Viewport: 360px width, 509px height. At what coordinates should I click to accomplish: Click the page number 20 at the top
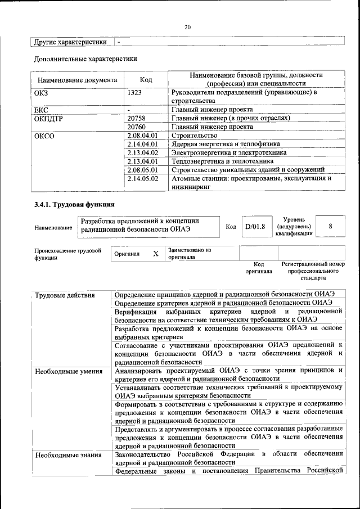188,27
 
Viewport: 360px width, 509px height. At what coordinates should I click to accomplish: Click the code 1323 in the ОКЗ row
135,92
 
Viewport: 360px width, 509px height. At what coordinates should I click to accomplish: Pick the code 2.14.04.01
143,144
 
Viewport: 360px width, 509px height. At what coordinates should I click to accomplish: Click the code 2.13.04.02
143,152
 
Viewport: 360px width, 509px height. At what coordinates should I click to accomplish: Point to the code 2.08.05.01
143,169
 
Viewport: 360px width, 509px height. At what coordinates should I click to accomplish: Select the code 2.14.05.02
143,178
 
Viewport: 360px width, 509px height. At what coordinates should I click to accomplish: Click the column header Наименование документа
77,80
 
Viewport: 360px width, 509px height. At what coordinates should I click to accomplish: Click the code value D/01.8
255,227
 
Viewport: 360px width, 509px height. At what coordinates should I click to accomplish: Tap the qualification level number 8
330,226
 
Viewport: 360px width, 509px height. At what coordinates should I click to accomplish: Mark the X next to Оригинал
156,254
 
